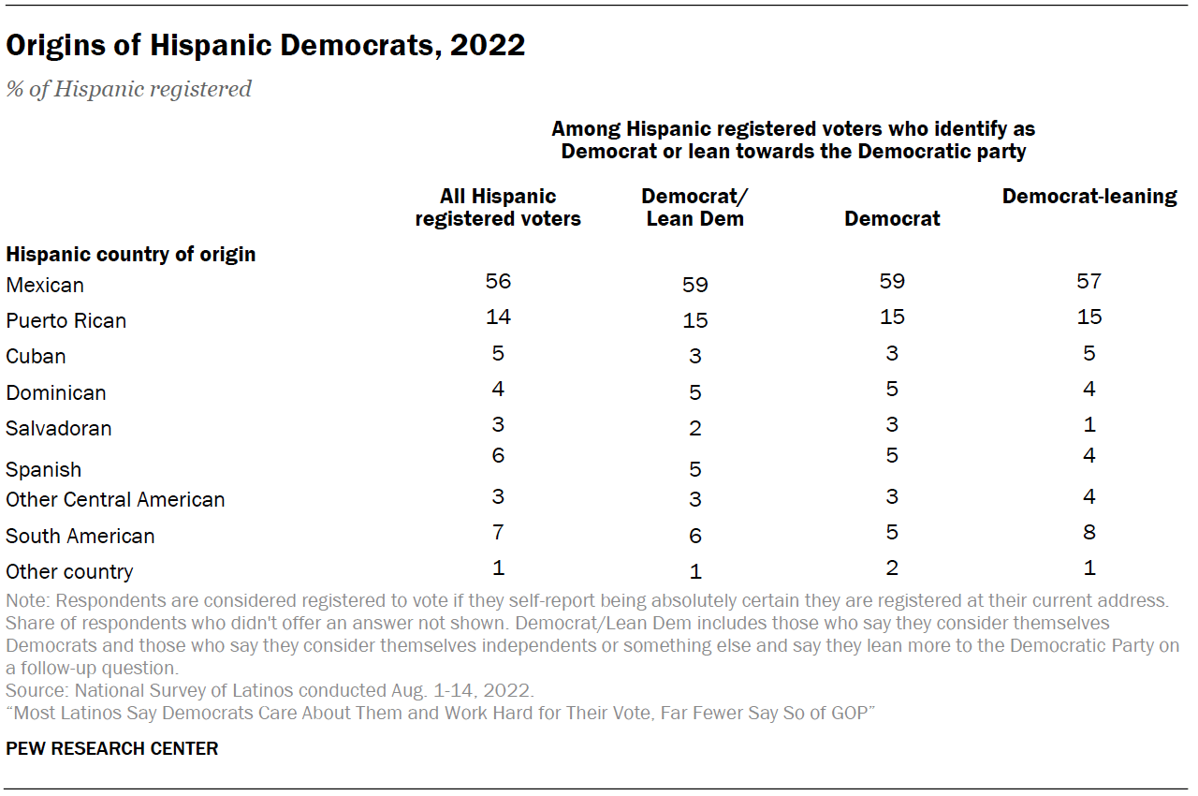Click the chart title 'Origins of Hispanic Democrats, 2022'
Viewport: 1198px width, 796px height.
[x=265, y=46]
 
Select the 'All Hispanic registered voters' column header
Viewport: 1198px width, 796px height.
[x=498, y=207]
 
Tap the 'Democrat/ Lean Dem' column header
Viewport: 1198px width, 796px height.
[x=694, y=207]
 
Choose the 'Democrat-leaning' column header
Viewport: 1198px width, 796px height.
[x=1089, y=197]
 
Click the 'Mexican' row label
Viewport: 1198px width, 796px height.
[x=45, y=285]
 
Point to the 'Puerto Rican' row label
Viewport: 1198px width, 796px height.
[x=66, y=320]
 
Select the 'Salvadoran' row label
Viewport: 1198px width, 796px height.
[x=59, y=428]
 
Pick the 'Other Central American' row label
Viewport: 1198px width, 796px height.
[x=115, y=499]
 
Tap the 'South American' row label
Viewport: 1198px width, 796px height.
[x=80, y=536]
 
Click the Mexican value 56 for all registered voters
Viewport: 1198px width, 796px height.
[x=498, y=281]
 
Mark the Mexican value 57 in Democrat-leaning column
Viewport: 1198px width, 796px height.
[x=1088, y=281]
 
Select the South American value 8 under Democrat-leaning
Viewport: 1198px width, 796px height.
[x=1088, y=532]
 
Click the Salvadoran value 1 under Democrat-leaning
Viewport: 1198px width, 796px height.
[x=1088, y=424]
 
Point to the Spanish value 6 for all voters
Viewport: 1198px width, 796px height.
[x=498, y=456]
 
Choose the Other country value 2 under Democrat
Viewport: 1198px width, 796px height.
[x=892, y=568]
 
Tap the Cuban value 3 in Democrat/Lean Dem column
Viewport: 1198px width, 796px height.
[x=694, y=357]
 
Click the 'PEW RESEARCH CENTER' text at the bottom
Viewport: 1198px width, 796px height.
[x=111, y=748]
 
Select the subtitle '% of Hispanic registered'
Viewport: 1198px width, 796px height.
[x=129, y=89]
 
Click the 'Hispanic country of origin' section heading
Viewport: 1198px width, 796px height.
[x=131, y=254]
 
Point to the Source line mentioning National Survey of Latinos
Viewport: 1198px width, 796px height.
[x=270, y=691]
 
